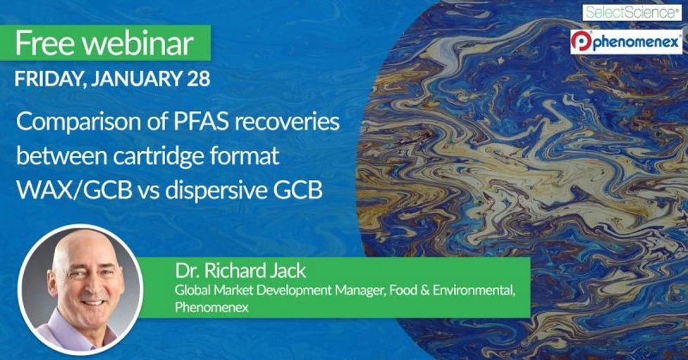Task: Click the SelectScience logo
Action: (632, 12)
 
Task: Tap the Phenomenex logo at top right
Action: (626, 42)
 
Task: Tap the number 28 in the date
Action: (198, 78)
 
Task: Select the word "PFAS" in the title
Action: (201, 122)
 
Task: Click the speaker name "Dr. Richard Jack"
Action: (240, 271)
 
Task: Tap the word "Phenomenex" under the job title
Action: (212, 307)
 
